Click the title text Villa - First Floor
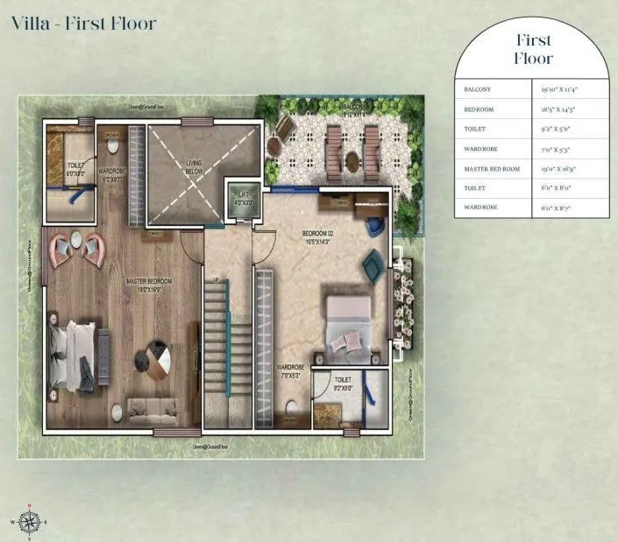(84, 23)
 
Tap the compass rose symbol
(31, 519)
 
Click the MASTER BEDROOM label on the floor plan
(147, 284)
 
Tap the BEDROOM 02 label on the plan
(321, 236)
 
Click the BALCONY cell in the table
(479, 89)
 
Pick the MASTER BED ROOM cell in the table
(493, 168)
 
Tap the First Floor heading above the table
(534, 50)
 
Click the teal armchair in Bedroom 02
(372, 262)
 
